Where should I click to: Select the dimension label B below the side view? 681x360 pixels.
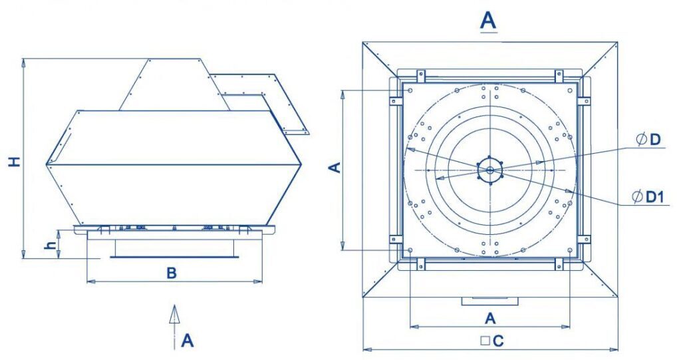click(x=172, y=273)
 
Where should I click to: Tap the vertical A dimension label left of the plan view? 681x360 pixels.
click(x=336, y=166)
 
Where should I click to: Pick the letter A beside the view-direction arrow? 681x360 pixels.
click(x=188, y=341)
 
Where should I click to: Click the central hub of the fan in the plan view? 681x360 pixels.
click(x=490, y=170)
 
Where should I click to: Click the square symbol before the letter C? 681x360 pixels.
click(x=485, y=341)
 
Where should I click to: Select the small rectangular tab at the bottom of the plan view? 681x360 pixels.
click(x=489, y=301)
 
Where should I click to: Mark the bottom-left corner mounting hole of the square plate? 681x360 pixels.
click(x=410, y=250)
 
